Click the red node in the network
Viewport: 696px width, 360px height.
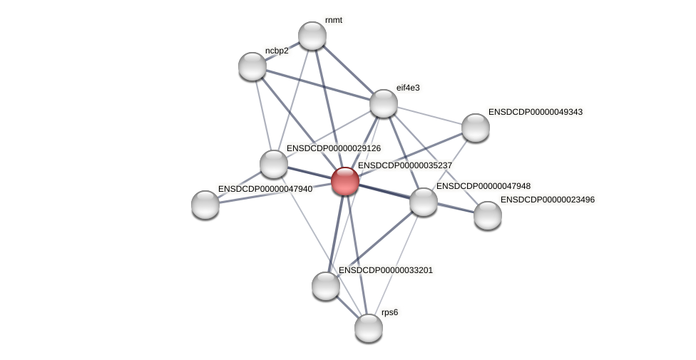[x=344, y=181]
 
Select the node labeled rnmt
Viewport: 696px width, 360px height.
[x=312, y=36]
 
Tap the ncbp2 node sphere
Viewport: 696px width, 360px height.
[x=252, y=66]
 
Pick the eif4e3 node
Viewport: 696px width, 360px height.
[x=383, y=103]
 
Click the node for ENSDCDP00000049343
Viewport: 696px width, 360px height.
[x=475, y=128]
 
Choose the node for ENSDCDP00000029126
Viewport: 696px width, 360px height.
[x=273, y=164]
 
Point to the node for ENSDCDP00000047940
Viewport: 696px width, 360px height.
[x=205, y=205]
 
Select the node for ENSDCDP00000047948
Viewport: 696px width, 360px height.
[x=423, y=202]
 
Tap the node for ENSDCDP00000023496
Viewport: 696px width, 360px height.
[x=487, y=215]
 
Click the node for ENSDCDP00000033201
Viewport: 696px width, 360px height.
[x=326, y=286]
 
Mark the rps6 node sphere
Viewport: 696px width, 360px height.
[x=368, y=328]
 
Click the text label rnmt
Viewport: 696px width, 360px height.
[x=333, y=20]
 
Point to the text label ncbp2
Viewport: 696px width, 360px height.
[x=277, y=51]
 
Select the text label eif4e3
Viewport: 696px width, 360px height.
[x=408, y=88]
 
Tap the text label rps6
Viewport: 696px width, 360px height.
[x=389, y=312]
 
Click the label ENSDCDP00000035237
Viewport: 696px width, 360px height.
[x=404, y=165]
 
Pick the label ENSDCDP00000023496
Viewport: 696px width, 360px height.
[x=547, y=200]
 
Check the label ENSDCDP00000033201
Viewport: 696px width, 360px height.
[x=385, y=270]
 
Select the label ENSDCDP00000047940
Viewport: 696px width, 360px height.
[x=265, y=189]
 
